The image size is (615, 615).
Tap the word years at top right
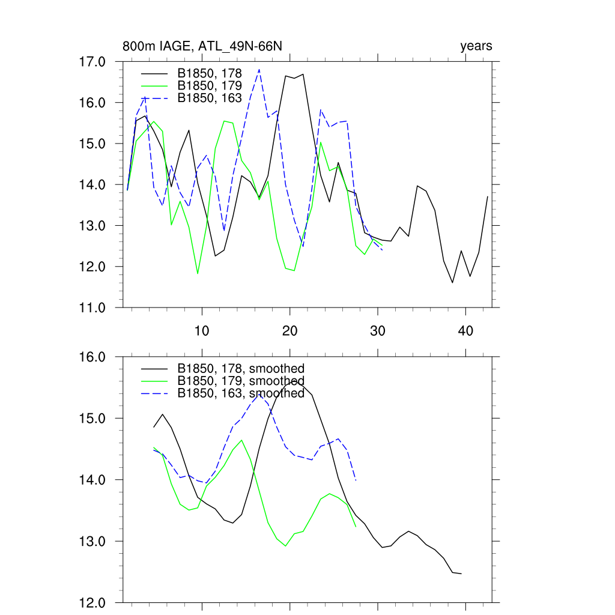click(476, 46)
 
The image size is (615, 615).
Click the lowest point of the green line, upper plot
click(198, 273)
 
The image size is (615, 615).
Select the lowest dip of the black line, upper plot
click(452, 282)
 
